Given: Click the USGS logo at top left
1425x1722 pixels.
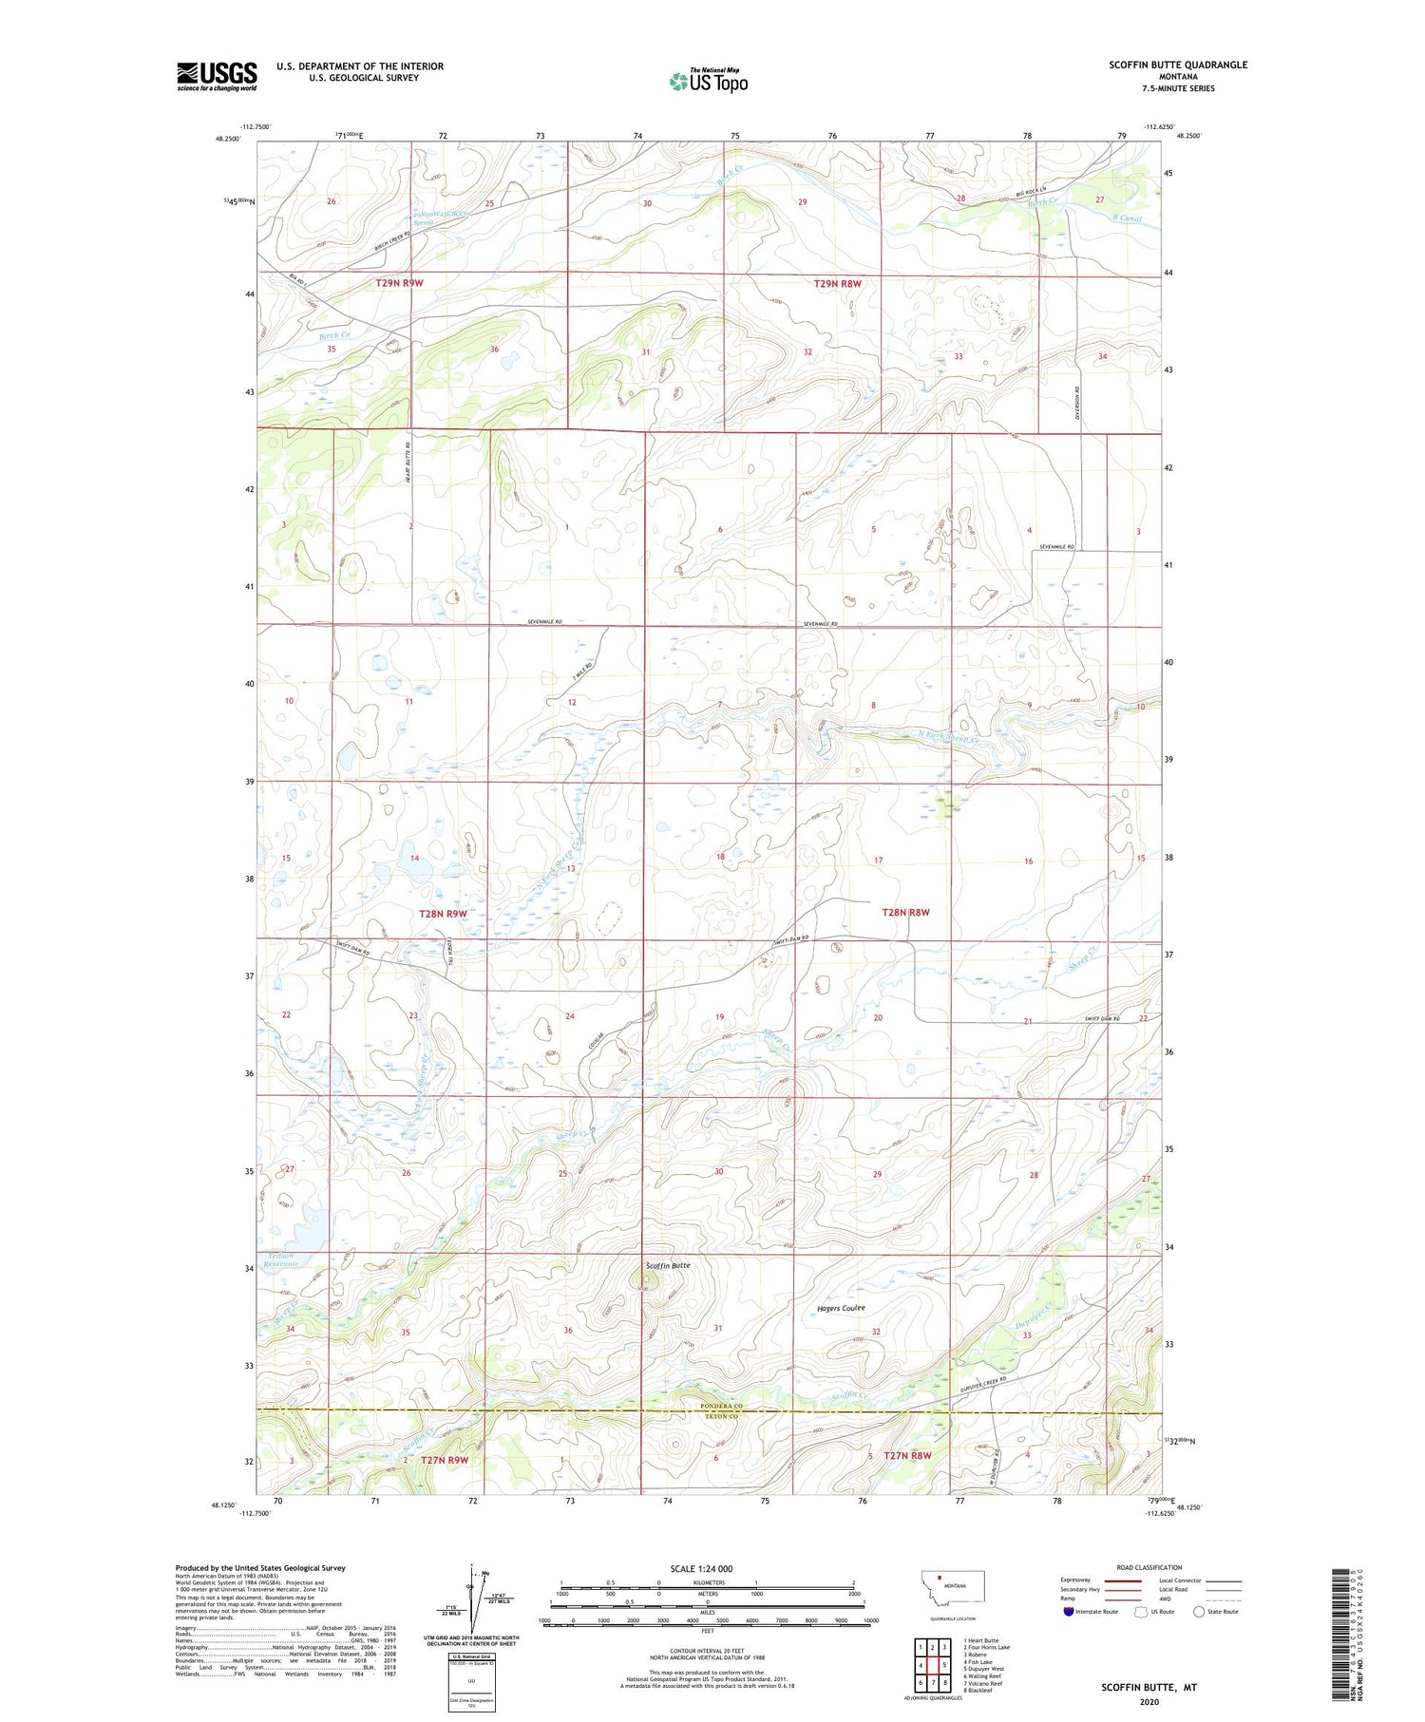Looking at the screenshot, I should (x=217, y=76).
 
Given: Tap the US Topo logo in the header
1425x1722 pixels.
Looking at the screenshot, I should (x=708, y=81).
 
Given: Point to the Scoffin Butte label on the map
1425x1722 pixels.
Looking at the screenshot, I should (x=668, y=1266).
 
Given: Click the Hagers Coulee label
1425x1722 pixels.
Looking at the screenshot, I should (x=841, y=1309).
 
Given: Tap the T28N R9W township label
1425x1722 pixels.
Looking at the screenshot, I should (x=443, y=914).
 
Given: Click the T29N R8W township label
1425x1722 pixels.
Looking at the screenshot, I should (x=837, y=283).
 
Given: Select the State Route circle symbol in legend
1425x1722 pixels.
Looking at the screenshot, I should (x=1199, y=1612).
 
